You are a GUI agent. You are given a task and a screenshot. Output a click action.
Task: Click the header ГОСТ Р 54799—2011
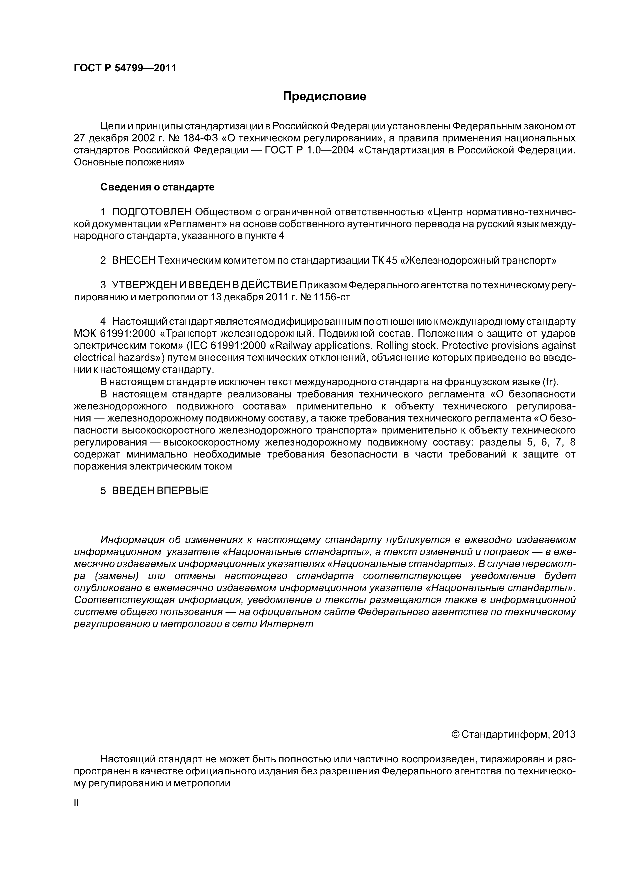[125, 68]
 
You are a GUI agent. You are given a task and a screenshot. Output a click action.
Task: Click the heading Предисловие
[324, 96]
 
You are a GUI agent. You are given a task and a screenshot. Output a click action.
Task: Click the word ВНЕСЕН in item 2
[134, 260]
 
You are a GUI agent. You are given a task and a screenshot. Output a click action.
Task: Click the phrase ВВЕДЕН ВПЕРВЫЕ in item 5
[160, 491]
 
